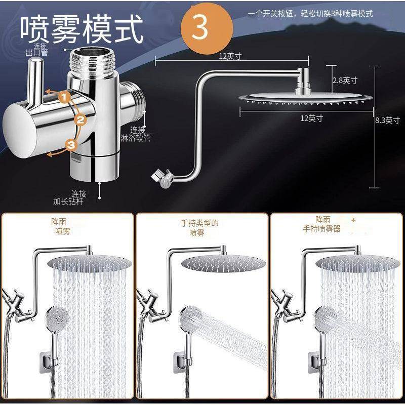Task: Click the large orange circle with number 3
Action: coord(207,28)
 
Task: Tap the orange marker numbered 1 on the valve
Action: coord(65,98)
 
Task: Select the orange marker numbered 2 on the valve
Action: coord(80,120)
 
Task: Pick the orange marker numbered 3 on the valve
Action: coord(71,145)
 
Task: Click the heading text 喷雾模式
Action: coord(82,29)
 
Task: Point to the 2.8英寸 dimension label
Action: coord(345,80)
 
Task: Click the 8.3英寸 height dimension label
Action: coord(387,120)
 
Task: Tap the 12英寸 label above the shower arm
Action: coord(230,56)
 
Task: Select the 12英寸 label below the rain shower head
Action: coord(311,118)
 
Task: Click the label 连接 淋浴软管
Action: coord(136,134)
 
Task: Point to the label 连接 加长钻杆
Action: coord(70,197)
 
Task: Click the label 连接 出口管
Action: coord(36,50)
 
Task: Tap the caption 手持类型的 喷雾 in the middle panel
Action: coord(199,228)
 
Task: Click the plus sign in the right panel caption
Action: coord(353,220)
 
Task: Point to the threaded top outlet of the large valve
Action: coord(92,61)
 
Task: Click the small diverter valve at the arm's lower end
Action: coord(163,178)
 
